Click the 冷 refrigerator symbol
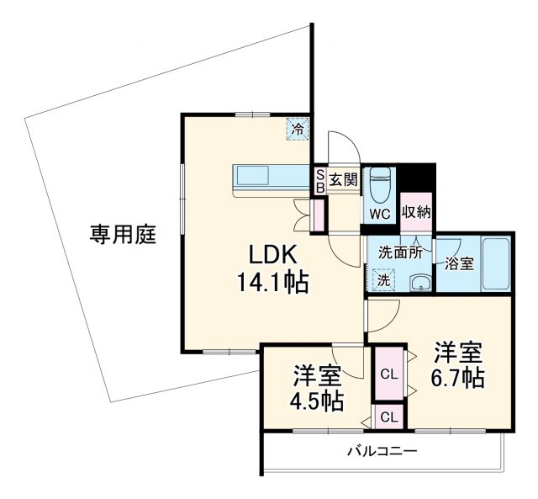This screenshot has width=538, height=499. (297, 129)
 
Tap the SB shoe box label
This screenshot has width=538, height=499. (319, 179)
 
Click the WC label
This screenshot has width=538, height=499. (380, 214)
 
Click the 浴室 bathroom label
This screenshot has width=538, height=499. (460, 263)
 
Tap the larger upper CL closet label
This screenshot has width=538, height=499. (389, 374)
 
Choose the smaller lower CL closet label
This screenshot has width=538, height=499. (389, 416)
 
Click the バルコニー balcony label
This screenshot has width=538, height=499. (382, 452)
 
